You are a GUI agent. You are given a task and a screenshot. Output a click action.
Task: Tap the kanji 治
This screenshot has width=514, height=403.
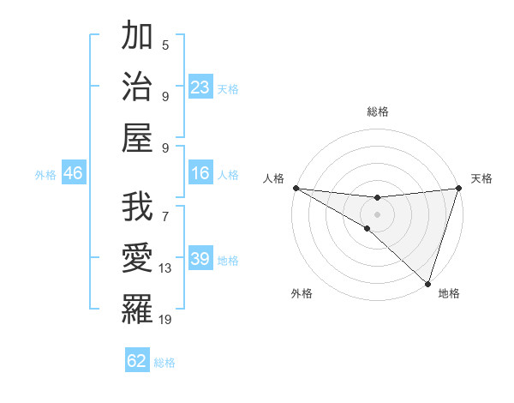pos(138,86)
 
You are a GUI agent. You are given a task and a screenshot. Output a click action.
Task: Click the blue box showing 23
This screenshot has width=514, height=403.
pos(200,87)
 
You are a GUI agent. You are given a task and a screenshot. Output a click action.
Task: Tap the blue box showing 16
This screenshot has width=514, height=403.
pos(200,174)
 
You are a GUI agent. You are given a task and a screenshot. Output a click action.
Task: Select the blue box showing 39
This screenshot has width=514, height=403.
pos(200,259)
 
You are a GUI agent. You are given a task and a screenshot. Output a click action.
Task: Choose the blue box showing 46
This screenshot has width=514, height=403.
pos(74,174)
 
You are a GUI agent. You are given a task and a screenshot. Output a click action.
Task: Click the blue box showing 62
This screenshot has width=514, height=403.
pos(137,361)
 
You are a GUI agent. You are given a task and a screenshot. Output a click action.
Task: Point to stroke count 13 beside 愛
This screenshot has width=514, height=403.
pos(166,268)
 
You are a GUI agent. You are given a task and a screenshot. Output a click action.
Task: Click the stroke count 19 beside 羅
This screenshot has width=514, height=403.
pos(166,320)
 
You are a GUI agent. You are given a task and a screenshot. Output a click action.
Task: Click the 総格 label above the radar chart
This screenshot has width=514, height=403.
pos(378,111)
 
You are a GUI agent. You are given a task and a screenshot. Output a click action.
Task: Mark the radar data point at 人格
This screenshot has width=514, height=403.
pos(296,188)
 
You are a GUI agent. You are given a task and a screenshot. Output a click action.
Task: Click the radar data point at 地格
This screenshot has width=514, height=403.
pos(427,283)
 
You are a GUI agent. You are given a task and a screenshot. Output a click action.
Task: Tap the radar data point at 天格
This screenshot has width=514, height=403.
pos(459,189)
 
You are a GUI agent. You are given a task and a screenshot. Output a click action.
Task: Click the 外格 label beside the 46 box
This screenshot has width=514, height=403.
pos(45,175)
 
